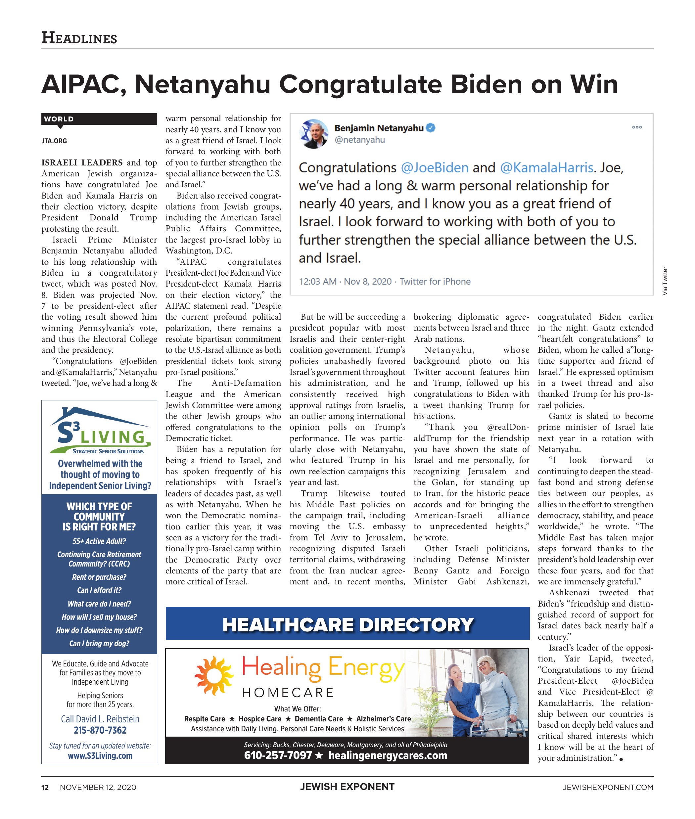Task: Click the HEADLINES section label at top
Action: [79, 38]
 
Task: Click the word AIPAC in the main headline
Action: [83, 84]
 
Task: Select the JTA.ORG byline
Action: [54, 141]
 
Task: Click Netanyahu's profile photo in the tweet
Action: [314, 134]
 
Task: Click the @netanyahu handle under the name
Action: [359, 140]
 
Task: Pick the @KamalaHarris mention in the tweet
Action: [546, 168]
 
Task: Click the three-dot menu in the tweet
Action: [637, 127]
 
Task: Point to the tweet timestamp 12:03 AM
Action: [318, 282]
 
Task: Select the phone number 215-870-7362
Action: [100, 730]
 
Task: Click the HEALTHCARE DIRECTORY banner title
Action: [347, 625]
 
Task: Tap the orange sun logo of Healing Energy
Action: [213, 676]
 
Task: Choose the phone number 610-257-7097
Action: [278, 755]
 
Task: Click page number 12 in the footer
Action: [45, 788]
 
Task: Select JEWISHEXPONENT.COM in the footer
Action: [608, 788]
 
